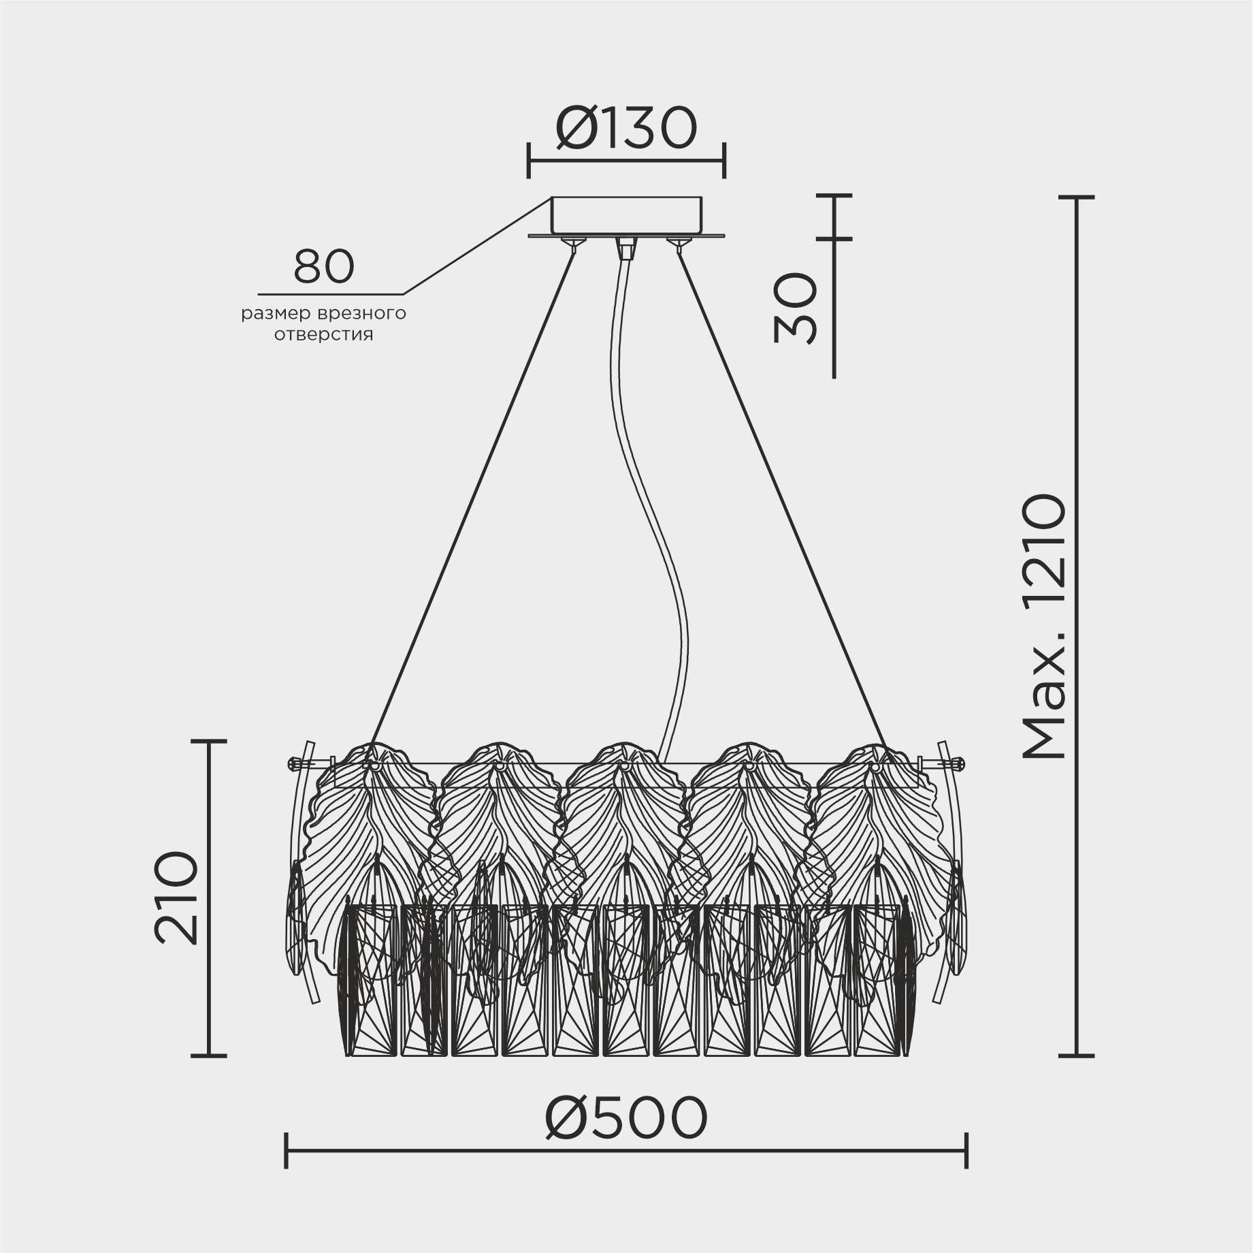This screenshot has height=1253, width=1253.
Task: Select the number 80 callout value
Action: tap(324, 266)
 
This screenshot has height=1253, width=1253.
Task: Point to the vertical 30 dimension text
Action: tap(795, 308)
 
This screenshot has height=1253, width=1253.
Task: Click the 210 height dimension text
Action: tap(177, 898)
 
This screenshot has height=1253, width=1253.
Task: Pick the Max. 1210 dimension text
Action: tap(1043, 626)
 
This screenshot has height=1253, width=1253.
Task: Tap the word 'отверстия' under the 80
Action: tap(324, 335)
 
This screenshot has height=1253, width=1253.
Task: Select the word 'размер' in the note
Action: tap(276, 315)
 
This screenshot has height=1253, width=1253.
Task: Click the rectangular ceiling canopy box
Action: tap(626, 216)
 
